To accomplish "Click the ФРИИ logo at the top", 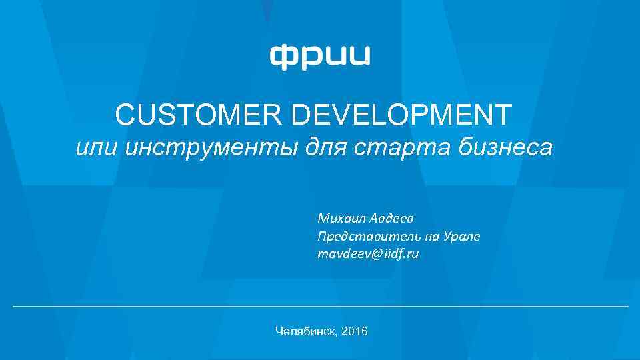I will [320, 56].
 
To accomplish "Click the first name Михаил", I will [339, 218].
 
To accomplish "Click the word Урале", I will [463, 236].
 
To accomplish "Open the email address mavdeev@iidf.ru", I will [369, 254].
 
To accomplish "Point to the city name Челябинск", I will [305, 331].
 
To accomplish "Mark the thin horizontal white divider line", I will [320, 306].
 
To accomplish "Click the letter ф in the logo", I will [282, 56].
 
